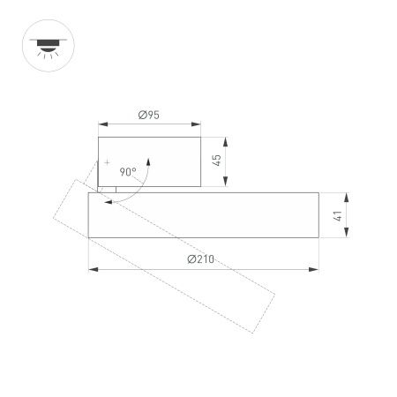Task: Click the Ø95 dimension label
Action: [149, 115]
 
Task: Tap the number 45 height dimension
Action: [217, 160]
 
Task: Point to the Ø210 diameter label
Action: [201, 259]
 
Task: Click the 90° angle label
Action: [127, 173]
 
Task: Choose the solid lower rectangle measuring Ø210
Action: [203, 215]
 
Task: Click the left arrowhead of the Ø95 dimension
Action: [101, 124]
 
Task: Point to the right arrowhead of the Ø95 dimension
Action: [198, 124]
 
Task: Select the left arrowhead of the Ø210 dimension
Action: [92, 268]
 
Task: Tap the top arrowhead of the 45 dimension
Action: [227, 139]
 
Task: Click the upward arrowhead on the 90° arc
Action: [149, 160]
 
